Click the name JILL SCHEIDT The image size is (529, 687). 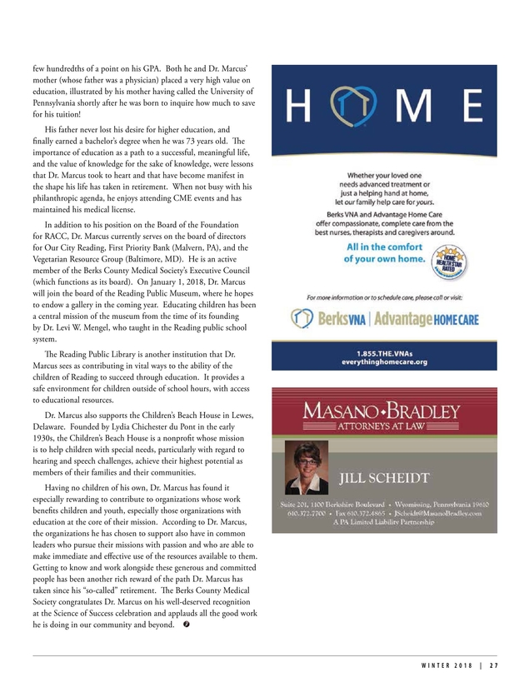coord(386,478)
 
